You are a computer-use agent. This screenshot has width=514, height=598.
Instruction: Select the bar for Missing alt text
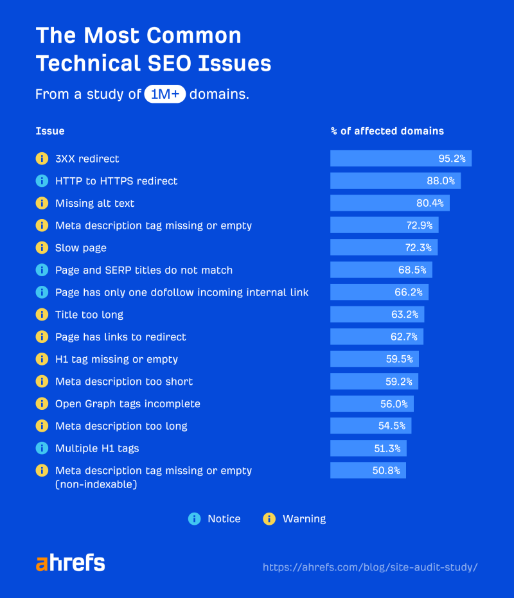(389, 203)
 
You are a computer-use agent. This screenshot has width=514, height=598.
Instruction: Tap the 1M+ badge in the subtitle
(165, 94)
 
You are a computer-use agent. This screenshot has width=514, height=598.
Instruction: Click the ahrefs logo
(70, 563)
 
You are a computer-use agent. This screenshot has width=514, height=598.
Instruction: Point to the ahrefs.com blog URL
(370, 567)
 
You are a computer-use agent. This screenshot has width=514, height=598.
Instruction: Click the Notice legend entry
(215, 518)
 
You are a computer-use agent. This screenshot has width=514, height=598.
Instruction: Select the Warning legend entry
(296, 518)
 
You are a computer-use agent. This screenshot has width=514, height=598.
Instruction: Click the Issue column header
(50, 131)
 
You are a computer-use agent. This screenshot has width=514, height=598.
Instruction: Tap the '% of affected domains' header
(387, 131)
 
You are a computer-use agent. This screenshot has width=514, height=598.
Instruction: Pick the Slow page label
(81, 248)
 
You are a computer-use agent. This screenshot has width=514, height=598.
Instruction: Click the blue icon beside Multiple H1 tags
(42, 448)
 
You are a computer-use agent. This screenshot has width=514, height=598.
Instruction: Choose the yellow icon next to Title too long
(42, 315)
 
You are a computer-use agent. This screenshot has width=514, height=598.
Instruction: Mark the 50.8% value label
(386, 471)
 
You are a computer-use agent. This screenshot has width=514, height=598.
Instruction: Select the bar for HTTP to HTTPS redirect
(395, 181)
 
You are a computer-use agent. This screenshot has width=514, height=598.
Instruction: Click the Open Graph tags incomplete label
(128, 404)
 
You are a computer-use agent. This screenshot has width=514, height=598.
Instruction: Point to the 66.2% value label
(409, 292)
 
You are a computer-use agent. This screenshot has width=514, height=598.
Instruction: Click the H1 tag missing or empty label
(116, 359)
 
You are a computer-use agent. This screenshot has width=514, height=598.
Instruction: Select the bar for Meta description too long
(371, 426)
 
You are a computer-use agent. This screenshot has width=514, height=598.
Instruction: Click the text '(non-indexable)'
(96, 484)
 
